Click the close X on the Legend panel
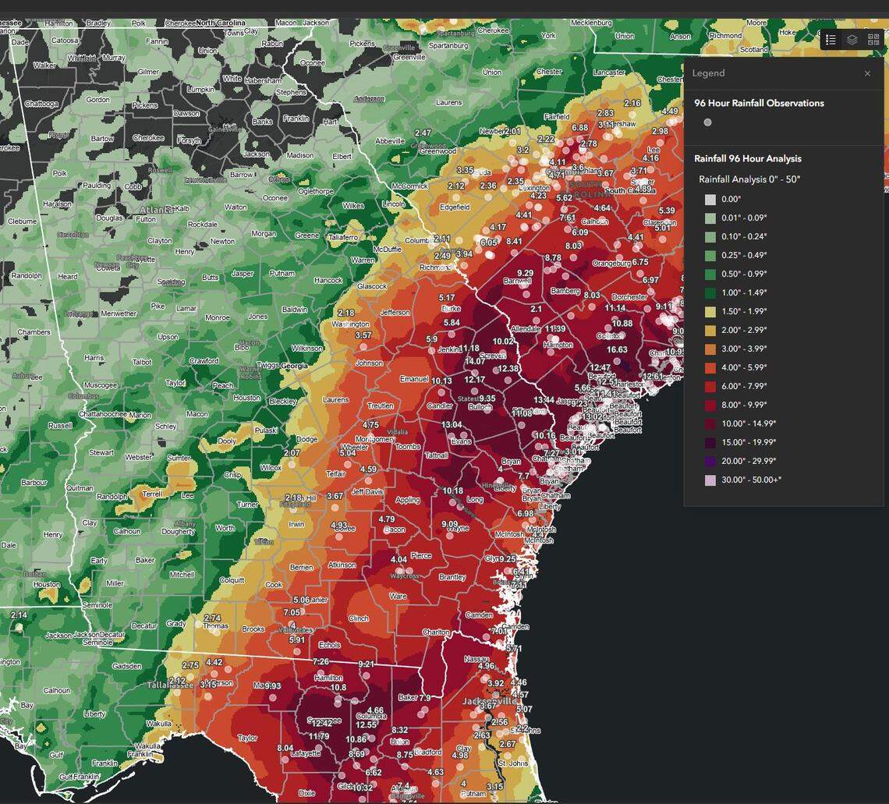867,73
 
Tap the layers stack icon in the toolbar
852,40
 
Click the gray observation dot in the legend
707,122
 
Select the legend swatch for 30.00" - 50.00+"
710,480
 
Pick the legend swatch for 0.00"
710,199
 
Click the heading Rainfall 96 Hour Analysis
747,158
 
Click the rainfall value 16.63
617,349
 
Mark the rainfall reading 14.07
475,361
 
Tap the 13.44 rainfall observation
544,400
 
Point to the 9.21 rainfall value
366,664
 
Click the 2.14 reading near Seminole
19,615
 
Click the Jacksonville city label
491,701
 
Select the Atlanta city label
157,210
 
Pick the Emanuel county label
414,379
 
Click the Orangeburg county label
611,264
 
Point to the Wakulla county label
158,724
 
